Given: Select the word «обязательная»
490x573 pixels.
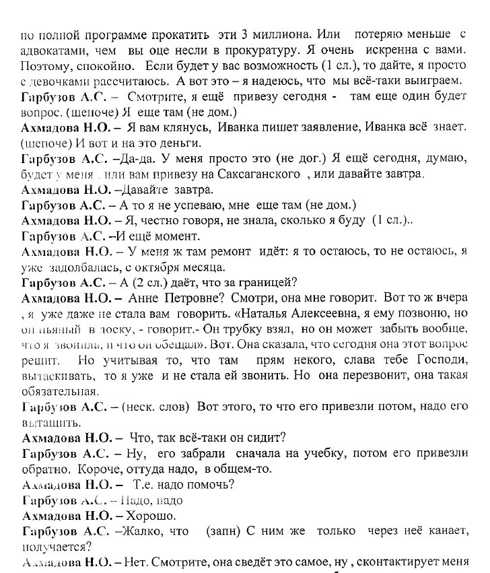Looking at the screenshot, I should [60, 391].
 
